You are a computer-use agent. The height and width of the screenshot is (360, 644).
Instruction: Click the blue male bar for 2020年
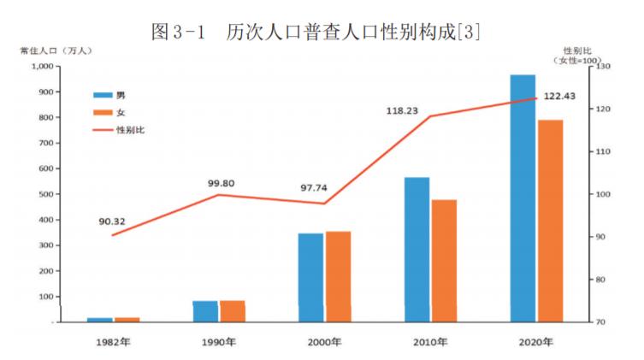point(523,198)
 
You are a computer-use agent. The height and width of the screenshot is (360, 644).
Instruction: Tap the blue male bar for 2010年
point(417,250)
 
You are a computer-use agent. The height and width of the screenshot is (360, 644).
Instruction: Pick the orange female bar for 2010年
point(444,261)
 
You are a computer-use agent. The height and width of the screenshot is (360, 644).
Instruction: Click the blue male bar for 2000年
point(310,278)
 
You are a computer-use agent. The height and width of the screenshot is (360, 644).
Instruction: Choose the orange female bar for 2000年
point(338,277)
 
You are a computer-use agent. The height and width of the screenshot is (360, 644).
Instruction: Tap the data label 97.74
point(314,188)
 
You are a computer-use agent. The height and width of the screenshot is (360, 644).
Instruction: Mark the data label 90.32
point(112,221)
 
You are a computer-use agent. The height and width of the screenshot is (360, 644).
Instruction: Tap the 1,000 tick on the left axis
point(39,67)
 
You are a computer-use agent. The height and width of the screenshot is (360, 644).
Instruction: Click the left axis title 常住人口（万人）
point(56,50)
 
